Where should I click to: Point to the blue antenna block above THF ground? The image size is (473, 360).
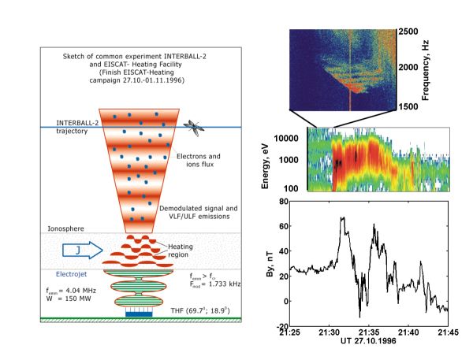tap(138, 312)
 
